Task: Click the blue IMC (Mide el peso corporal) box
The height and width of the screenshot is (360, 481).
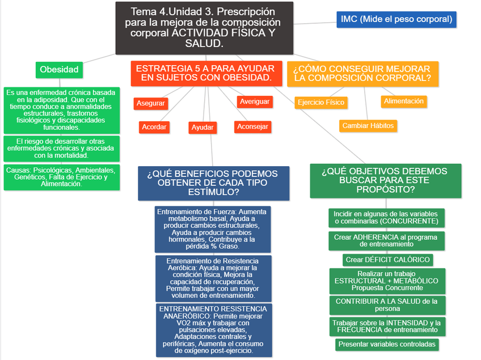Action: click(x=396, y=19)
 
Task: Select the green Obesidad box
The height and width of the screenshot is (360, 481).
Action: click(x=59, y=70)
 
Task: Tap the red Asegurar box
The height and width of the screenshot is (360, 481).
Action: click(x=150, y=103)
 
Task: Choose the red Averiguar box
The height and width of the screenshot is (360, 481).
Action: click(x=255, y=101)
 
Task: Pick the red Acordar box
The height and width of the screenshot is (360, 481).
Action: click(x=154, y=127)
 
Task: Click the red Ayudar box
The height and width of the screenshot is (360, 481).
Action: click(x=202, y=128)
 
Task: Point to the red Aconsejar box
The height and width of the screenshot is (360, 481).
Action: click(x=252, y=126)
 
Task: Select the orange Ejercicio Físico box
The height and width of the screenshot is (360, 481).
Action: click(x=321, y=103)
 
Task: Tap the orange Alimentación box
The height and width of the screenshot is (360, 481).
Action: click(x=403, y=101)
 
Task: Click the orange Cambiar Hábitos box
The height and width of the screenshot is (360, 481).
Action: click(x=368, y=126)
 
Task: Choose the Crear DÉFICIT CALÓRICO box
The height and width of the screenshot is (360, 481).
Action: click(x=388, y=260)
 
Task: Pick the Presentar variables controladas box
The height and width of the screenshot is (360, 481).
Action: click(x=387, y=344)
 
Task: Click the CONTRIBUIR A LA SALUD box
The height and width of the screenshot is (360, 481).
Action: click(x=387, y=305)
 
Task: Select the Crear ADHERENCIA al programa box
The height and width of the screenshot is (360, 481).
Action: click(x=387, y=240)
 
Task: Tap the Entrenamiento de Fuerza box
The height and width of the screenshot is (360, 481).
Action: click(x=213, y=229)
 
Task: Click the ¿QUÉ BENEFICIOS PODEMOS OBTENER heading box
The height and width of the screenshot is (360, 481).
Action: click(x=213, y=183)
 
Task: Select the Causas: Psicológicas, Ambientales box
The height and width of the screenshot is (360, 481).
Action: click(x=61, y=177)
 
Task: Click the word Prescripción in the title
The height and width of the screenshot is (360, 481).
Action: click(x=246, y=11)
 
